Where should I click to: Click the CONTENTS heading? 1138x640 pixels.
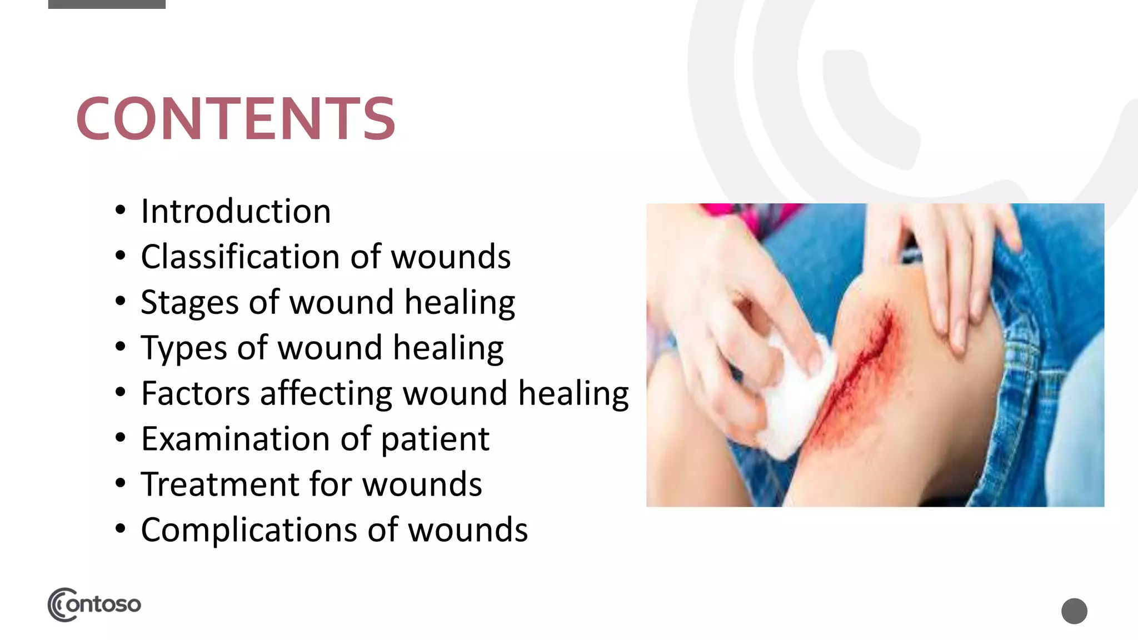tap(236, 118)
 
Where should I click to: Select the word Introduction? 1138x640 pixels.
tap(236, 212)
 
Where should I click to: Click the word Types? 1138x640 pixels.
tap(184, 349)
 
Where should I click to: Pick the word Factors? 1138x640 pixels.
tap(196, 394)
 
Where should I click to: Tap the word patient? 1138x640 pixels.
tap(435, 439)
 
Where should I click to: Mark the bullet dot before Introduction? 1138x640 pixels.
tap(121, 211)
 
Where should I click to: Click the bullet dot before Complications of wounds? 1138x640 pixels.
tap(121, 529)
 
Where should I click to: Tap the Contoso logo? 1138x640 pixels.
tap(94, 604)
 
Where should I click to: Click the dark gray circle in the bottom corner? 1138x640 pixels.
tap(1074, 611)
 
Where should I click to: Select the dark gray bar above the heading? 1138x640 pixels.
tap(107, 4)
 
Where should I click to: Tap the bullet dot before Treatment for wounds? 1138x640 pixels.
tap(121, 483)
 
